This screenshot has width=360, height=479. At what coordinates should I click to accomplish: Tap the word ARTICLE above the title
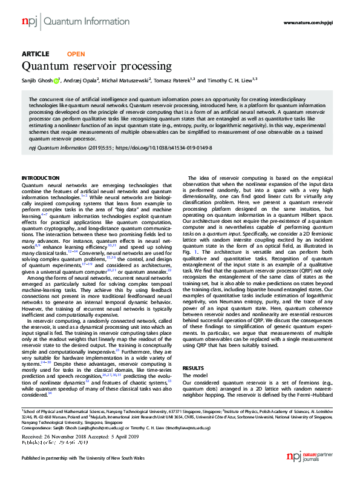click(x=36, y=54)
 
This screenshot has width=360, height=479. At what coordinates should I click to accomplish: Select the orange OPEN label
click(x=76, y=54)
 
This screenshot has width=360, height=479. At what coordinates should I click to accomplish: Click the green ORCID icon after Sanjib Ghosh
click(x=56, y=80)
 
